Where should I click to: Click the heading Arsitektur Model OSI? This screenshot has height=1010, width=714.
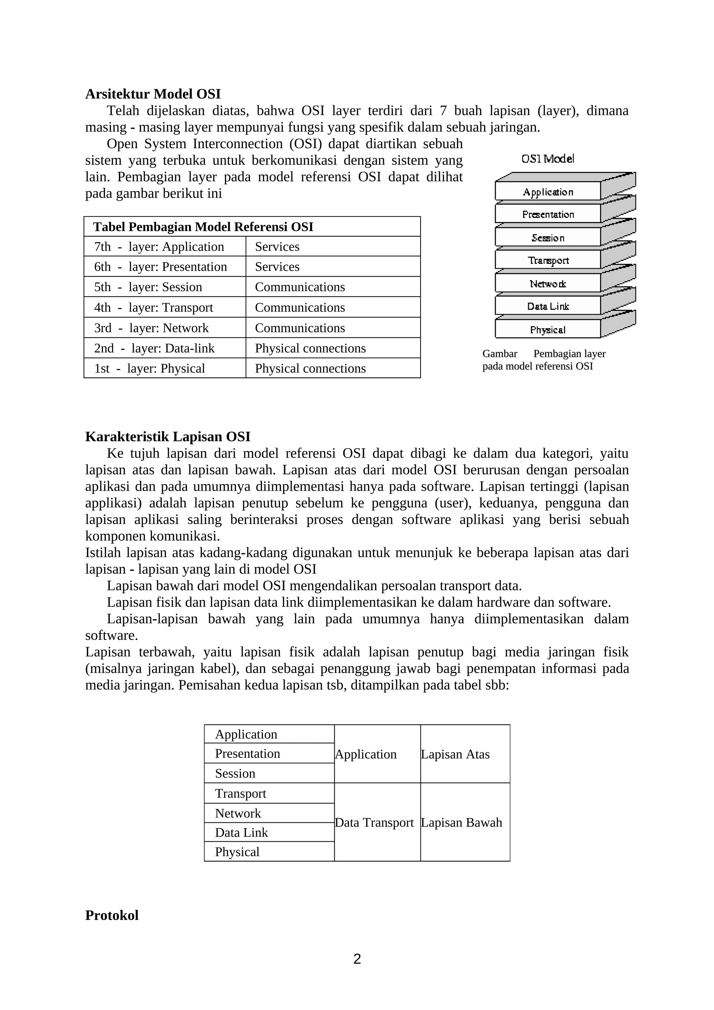[153, 94]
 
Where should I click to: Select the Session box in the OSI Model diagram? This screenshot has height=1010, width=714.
[548, 238]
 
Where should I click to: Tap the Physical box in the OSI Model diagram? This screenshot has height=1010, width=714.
[548, 329]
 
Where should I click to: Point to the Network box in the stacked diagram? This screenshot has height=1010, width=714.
[548, 284]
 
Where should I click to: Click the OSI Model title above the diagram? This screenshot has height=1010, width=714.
[548, 159]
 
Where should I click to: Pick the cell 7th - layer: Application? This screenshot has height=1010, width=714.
[159, 247]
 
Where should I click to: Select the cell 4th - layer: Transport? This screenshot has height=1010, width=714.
[153, 307]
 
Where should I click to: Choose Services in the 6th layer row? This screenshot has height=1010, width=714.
[277, 267]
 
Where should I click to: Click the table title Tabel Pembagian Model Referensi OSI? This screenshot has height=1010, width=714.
[203, 227]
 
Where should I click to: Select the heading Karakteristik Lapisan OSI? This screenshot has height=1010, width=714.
[168, 436]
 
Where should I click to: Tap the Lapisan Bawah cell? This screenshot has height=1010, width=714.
[461, 822]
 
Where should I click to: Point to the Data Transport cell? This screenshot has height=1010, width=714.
[374, 822]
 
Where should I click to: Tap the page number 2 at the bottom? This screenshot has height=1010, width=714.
[357, 959]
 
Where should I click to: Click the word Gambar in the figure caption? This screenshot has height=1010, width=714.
[499, 354]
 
